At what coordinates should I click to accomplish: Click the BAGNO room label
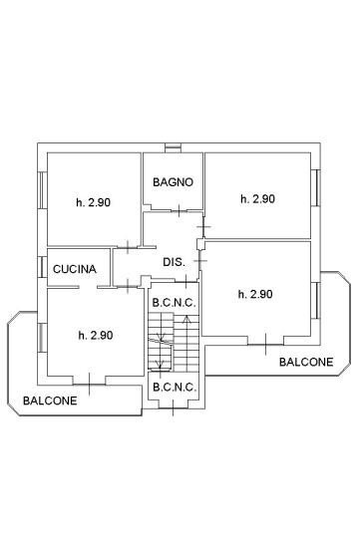pyautogui.click(x=173, y=182)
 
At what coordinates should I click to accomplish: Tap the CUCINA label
pyautogui.click(x=75, y=269)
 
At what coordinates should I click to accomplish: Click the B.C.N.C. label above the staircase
pyautogui.click(x=174, y=301)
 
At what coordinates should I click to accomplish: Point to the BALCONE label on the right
pyautogui.click(x=306, y=363)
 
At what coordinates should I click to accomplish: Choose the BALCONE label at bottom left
pyautogui.click(x=49, y=401)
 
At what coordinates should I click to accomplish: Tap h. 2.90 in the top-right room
pyautogui.click(x=257, y=199)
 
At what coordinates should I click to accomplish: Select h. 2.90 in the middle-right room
pyautogui.click(x=256, y=294)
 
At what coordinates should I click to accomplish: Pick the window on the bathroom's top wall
pyautogui.click(x=174, y=149)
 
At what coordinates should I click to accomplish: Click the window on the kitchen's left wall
pyautogui.click(x=42, y=268)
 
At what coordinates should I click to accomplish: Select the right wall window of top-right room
pyautogui.click(x=315, y=188)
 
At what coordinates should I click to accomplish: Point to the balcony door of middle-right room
pyautogui.click(x=265, y=345)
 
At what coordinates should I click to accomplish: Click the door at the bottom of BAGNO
pyautogui.click(x=178, y=210)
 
